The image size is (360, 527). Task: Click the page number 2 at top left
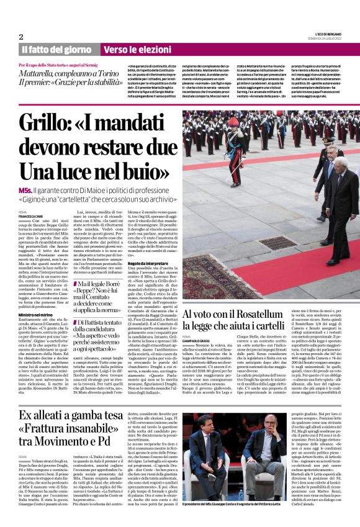pyautogui.click(x=21, y=37)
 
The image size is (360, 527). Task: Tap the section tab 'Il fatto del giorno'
pyautogui.click(x=56, y=49)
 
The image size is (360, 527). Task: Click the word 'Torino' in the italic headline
pyautogui.click(x=109, y=72)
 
